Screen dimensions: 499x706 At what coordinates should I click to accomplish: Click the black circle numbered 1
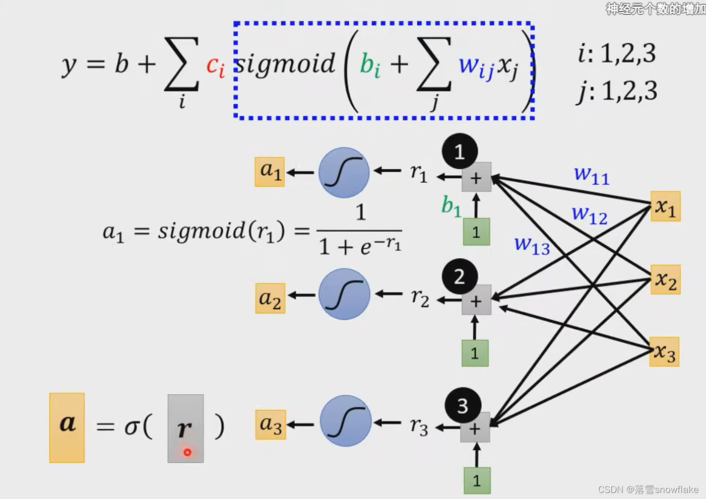pos(460,151)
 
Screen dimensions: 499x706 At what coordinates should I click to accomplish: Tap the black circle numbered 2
pos(460,276)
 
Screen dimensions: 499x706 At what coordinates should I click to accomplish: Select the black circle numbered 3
pos(463,405)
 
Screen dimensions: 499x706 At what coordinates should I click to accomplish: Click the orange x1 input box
pos(665,206)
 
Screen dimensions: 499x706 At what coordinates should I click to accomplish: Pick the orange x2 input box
pos(665,279)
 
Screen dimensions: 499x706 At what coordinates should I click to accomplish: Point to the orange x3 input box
pos(664,351)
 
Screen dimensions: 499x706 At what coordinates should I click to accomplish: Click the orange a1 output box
pos(270,172)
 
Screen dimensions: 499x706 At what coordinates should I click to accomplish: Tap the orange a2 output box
pos(270,298)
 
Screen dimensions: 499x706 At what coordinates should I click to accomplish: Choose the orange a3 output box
pos(271,424)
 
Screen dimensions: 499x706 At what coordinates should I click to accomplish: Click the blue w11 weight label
pos(592,175)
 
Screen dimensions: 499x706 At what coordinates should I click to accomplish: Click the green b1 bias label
pos(451,205)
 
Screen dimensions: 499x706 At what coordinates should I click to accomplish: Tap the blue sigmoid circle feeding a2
pos(344,294)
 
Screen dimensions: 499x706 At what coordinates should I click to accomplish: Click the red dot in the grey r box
pos(187,452)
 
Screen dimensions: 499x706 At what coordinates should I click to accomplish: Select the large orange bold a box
pos(67,427)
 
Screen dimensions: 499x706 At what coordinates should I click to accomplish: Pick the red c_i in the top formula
pos(215,65)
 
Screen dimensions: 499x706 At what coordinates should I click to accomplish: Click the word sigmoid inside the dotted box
pos(285,64)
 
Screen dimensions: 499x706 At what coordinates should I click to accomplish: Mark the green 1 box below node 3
pos(477,480)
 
